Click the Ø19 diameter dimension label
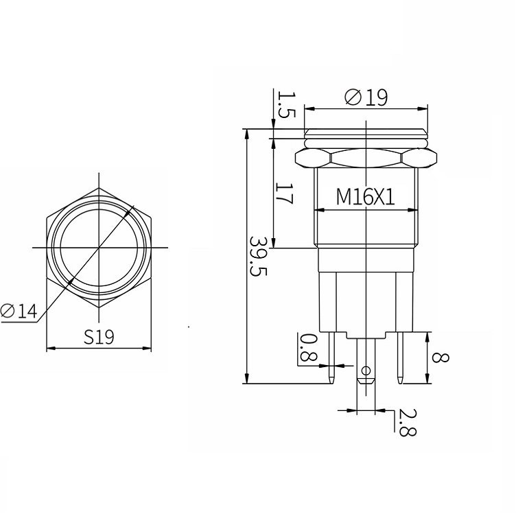366,98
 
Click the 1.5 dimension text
283,104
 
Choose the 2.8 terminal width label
406,423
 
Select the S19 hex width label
99,336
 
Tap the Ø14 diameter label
19,312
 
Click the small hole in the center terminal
366,372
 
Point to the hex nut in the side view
366,159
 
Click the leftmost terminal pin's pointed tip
331,380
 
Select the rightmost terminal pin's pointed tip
400,380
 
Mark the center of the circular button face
99,246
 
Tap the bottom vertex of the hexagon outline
99,307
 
